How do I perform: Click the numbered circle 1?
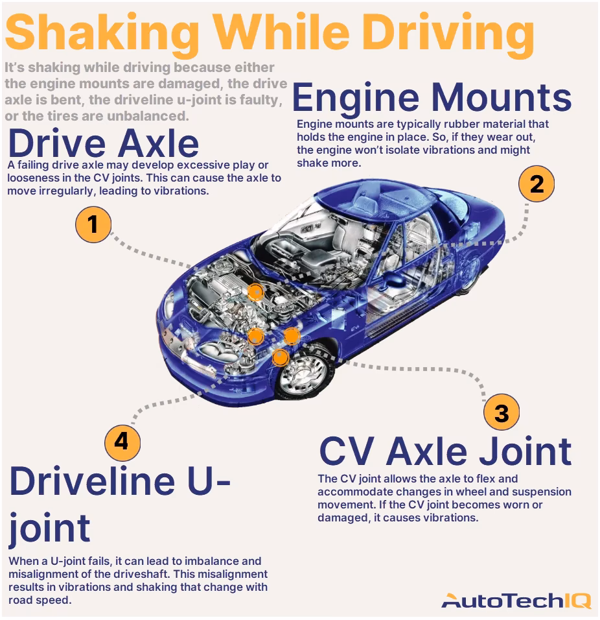(x=94, y=224)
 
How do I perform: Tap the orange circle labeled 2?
(x=537, y=185)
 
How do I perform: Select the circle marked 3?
(x=502, y=413)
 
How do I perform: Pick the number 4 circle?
(x=122, y=442)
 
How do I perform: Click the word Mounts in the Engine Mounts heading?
(x=502, y=99)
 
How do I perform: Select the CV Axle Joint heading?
(x=446, y=451)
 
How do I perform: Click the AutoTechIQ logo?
(x=516, y=601)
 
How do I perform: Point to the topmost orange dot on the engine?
(x=256, y=292)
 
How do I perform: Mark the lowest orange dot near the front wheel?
(x=280, y=356)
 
